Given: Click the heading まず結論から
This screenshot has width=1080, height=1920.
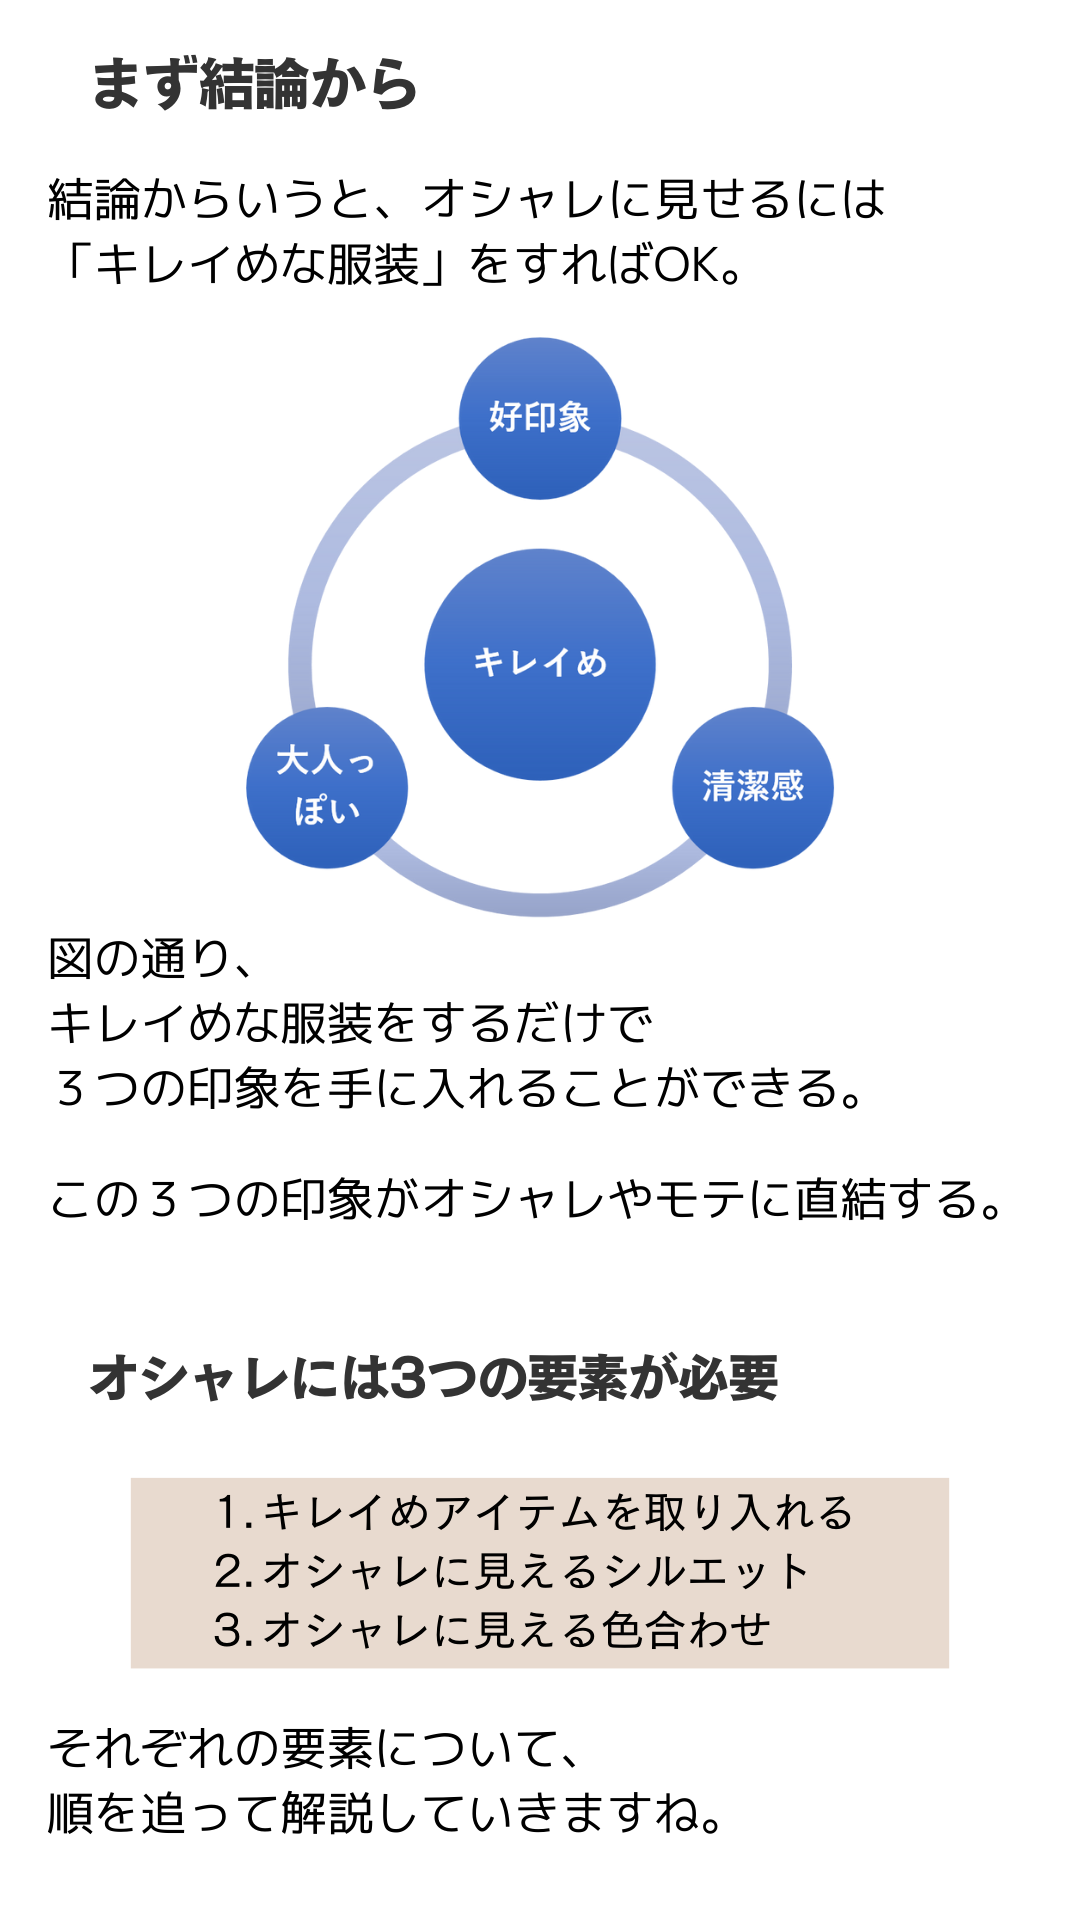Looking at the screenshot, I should (254, 85).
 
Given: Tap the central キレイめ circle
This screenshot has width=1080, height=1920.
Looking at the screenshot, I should (540, 664).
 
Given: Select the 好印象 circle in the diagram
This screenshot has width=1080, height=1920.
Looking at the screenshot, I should (540, 418).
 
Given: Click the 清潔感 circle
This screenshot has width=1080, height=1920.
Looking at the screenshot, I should (753, 787).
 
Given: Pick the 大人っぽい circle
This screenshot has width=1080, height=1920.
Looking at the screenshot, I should (327, 787).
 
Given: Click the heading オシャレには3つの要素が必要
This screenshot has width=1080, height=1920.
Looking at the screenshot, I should (434, 1378).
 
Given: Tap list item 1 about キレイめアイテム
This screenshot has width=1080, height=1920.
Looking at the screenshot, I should (535, 1512).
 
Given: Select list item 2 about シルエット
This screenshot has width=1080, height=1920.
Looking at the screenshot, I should (512, 1571).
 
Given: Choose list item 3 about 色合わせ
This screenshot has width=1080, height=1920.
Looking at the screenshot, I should (492, 1630).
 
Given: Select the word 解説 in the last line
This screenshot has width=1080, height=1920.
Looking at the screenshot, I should (326, 1813).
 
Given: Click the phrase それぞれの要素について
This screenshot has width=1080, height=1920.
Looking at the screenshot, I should (300, 1749).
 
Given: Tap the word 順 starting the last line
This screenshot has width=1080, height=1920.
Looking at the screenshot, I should (71, 1813).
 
